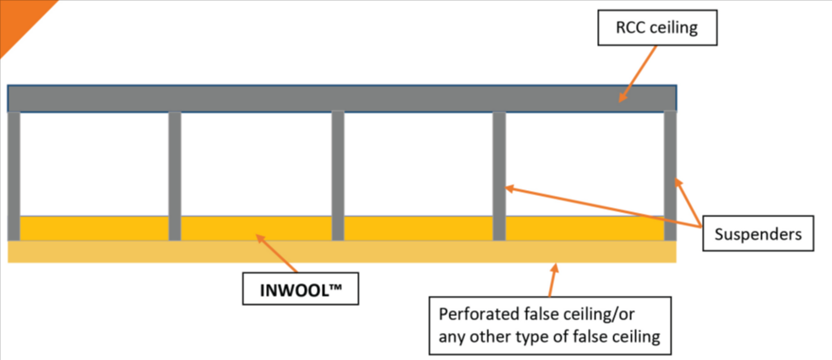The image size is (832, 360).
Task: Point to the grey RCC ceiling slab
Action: (338, 98)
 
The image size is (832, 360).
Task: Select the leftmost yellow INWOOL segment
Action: (94, 228)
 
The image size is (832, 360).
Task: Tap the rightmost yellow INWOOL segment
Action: (583, 228)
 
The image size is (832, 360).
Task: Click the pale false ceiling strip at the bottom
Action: (338, 252)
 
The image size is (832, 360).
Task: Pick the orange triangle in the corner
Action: (17, 17)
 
